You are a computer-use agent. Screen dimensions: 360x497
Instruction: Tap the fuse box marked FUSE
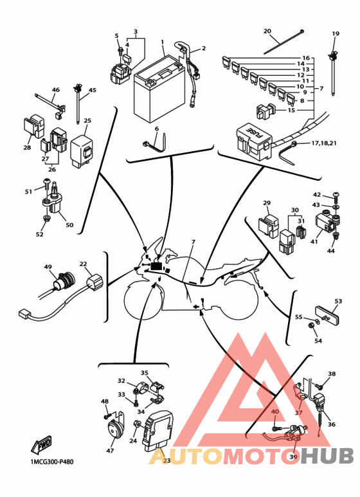pos(254,141)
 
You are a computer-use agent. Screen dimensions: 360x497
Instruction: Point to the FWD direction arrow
pos(41,444)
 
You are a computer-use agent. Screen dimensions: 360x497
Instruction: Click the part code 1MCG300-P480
pos(51,462)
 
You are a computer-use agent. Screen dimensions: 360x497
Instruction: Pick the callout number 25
pos(87,120)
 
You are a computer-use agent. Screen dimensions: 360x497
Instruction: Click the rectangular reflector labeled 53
pos(327,316)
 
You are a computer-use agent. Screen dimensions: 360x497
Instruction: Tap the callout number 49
pos(48,267)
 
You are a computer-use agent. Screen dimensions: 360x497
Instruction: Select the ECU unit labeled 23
pos(158,430)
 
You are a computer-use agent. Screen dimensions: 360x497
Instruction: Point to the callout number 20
pos(267,31)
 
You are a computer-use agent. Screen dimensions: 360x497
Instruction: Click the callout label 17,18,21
pos(323,143)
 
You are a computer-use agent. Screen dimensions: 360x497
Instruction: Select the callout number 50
pos(69,225)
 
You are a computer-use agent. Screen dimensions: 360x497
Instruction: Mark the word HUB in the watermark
pos(327,456)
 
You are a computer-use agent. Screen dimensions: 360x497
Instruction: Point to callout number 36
pos(332,424)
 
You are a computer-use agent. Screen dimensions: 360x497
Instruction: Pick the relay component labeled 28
pos(33,127)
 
